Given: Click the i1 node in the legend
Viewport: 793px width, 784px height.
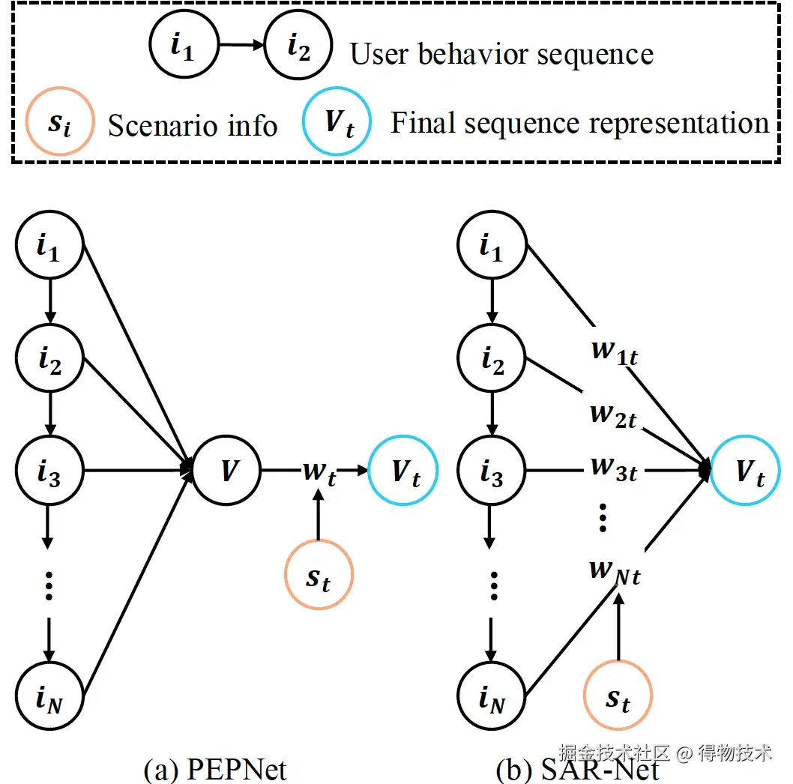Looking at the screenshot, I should click(184, 47).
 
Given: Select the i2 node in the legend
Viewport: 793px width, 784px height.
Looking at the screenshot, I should click(300, 47).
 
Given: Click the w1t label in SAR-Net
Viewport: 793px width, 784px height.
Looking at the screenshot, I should click(614, 353).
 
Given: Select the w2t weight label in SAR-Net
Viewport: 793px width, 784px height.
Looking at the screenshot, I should click(614, 414).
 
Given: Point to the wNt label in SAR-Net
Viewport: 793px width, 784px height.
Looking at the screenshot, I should click(614, 572).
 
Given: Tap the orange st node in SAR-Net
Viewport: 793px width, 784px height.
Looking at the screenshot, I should click(618, 696).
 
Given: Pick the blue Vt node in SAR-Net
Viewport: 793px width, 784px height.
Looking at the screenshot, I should click(747, 471).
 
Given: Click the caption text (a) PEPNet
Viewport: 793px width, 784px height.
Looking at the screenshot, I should click(215, 769).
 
